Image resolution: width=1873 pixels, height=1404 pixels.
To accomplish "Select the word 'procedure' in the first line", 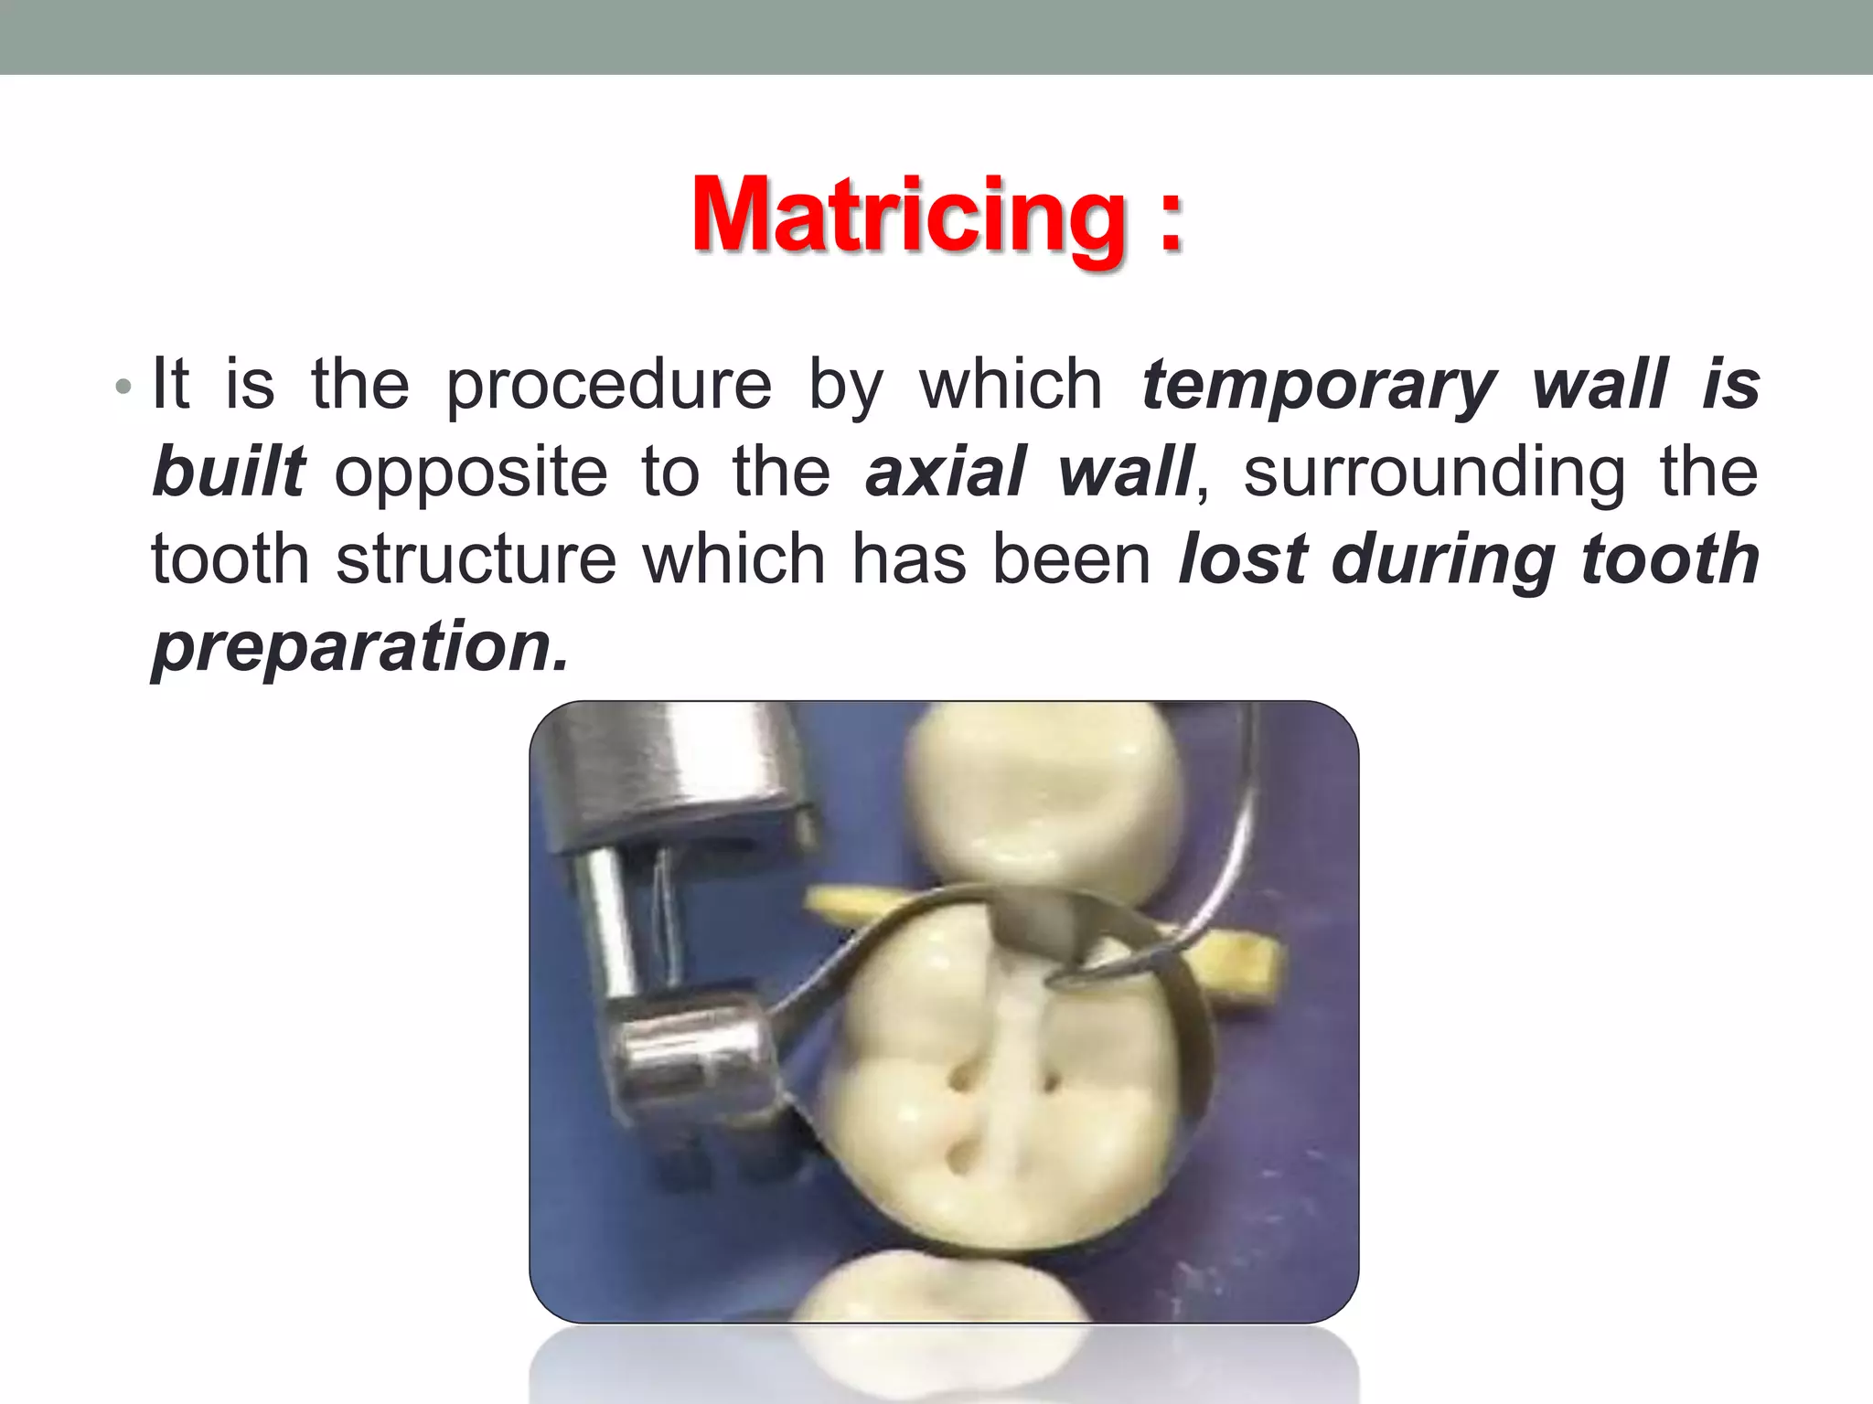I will click(608, 386).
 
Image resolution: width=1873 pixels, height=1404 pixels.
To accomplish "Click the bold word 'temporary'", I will click(1319, 386).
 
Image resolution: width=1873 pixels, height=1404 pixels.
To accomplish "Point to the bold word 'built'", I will click(229, 473).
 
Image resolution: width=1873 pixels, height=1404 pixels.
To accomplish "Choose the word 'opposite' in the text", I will click(470, 473).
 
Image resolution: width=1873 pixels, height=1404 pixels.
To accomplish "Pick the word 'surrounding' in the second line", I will click(1434, 473).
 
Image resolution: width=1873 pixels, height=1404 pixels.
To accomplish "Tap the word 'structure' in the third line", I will click(476, 559).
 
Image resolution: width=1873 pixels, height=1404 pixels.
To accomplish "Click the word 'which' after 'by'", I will click(1011, 386).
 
